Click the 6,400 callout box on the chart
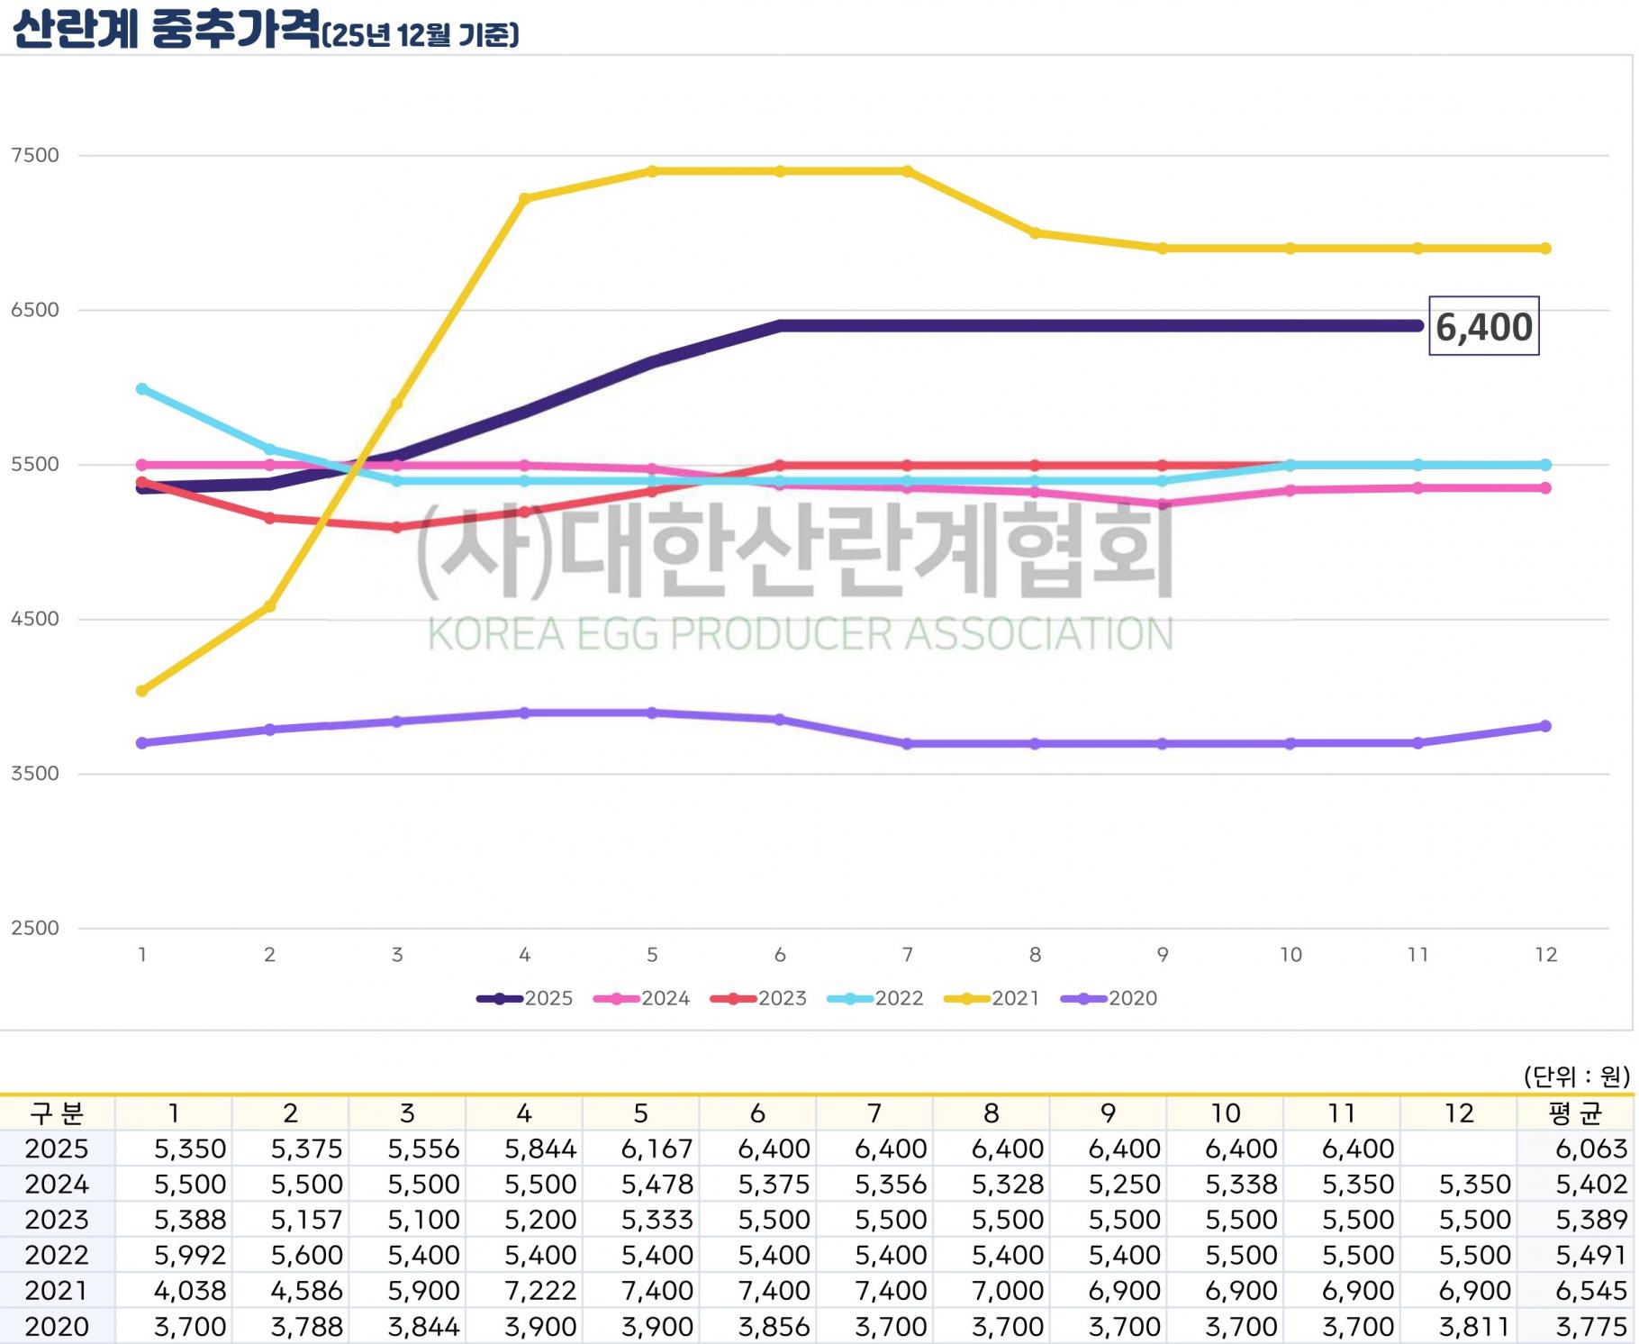(x=1483, y=326)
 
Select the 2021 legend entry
(x=992, y=998)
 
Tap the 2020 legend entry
(x=1109, y=998)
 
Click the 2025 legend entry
(x=525, y=998)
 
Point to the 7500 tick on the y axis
(x=35, y=155)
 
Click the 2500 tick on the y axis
(x=35, y=928)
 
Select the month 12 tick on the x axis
(x=1545, y=955)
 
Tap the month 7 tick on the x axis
(x=907, y=955)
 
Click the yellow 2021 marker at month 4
(x=525, y=198)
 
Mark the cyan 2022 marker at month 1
(x=142, y=389)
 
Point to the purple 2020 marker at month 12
(x=1545, y=726)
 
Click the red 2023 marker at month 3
(x=397, y=527)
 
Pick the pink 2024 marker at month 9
(x=1163, y=504)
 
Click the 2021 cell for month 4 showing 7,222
(x=540, y=1290)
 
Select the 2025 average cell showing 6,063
(x=1591, y=1149)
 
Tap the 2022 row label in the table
(x=57, y=1255)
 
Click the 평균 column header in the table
(x=1575, y=1113)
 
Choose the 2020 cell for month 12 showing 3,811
(x=1474, y=1326)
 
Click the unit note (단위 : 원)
(x=1576, y=1076)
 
